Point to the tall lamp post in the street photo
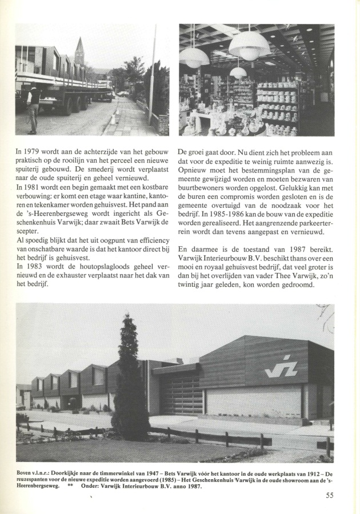(152, 80)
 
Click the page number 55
(330, 496)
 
